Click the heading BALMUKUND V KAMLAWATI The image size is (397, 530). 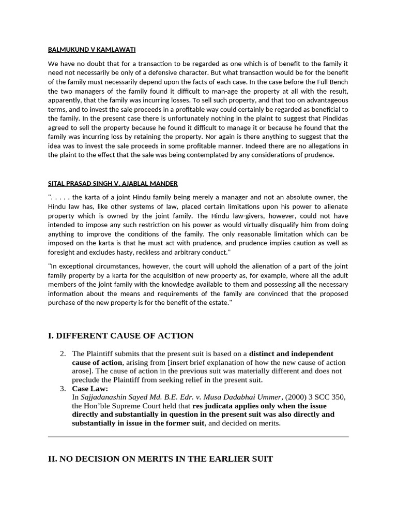point(91,50)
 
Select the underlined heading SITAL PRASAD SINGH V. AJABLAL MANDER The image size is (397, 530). point(113,183)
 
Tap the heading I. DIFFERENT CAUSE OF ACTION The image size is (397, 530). point(120,336)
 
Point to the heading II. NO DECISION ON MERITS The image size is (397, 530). point(160,459)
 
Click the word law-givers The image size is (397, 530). point(236,216)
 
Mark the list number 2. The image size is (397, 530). point(63,354)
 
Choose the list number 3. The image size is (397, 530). point(63,388)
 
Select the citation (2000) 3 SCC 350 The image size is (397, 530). point(313,397)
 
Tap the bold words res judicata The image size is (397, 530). point(215,406)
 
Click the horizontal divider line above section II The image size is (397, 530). point(198,437)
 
